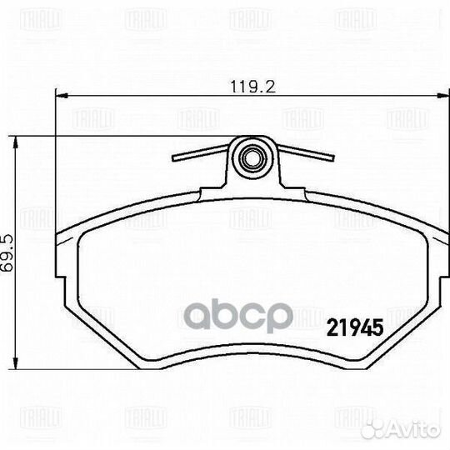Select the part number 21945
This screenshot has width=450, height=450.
click(x=352, y=327)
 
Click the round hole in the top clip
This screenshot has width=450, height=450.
click(x=252, y=155)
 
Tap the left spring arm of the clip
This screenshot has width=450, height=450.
click(x=200, y=153)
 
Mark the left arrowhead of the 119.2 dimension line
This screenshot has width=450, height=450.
click(x=58, y=96)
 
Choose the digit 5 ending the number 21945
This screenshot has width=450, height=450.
click(x=376, y=327)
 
